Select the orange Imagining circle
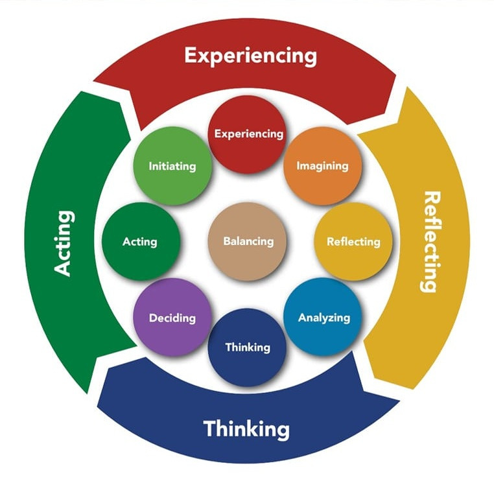coord(322,165)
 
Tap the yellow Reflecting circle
coord(353,241)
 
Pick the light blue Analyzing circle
coord(323,318)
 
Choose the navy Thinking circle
coord(247,347)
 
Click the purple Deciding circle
coord(172,318)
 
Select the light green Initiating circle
coord(172,165)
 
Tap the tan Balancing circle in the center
coord(248,241)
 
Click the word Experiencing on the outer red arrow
coord(250,56)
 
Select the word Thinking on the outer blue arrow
coord(246,429)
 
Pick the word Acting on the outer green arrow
coord(64,242)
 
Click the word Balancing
coord(248,241)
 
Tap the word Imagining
coord(322,166)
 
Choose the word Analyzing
coord(324,318)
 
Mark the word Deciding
coord(172,318)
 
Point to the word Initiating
coord(172,166)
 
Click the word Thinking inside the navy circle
coord(247,347)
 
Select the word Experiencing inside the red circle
coord(248,134)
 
